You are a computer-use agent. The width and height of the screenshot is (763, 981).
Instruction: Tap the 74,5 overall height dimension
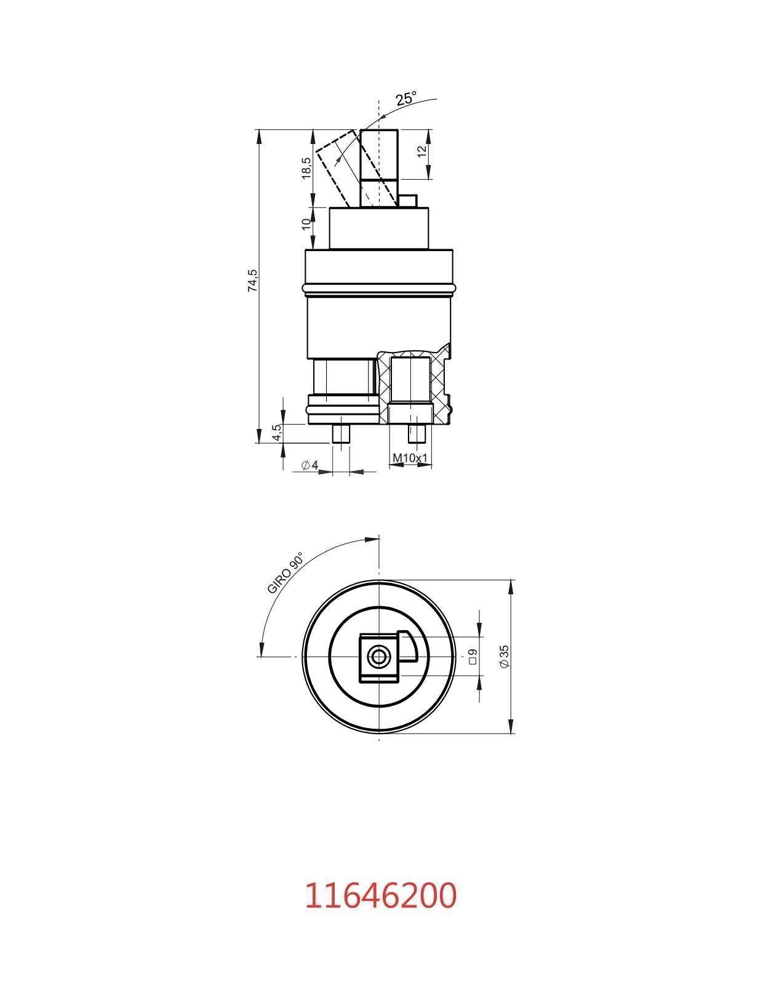[253, 281]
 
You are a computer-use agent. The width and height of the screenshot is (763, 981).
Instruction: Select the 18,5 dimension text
[306, 168]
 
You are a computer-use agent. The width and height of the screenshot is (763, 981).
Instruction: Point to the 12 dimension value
[422, 151]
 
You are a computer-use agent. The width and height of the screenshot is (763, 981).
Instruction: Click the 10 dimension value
[306, 224]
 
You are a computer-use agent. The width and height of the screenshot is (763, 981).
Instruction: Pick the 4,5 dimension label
[277, 432]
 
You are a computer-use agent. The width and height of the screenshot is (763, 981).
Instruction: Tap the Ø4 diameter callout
[310, 465]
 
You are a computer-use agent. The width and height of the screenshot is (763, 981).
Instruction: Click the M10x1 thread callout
[410, 458]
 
